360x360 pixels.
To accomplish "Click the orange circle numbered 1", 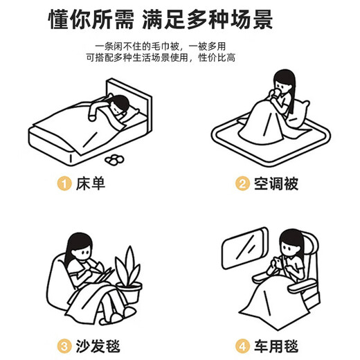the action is [64, 183].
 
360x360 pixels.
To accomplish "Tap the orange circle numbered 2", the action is [242, 183].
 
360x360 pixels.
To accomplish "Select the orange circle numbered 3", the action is [64, 346].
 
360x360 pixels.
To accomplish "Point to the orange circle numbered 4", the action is [242, 346].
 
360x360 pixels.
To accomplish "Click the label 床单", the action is [91, 183].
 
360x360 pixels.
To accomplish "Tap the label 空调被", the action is [276, 183].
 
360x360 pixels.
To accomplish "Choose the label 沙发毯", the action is [98, 346].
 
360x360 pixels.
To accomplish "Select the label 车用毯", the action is [276, 346].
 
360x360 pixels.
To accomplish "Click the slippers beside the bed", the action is [114, 160].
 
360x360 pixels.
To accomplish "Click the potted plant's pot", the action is [129, 293].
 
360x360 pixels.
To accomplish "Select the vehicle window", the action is [244, 248].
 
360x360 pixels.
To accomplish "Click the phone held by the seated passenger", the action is [278, 262].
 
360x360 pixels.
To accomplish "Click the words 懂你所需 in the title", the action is [91, 19].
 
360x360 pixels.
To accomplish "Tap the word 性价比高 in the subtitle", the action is [217, 57].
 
